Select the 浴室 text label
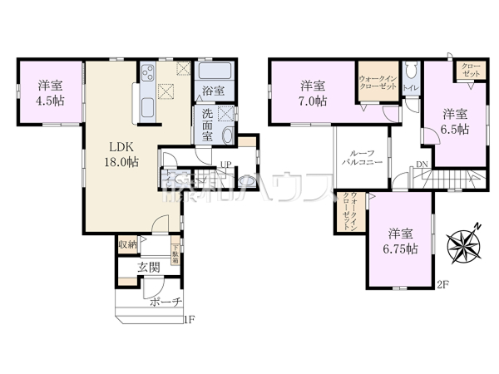pyautogui.click(x=211, y=91)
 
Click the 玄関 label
pyautogui.click(x=149, y=267)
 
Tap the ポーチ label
pyautogui.click(x=163, y=302)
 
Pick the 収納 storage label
pyautogui.click(x=126, y=244)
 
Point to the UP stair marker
pyautogui.click(x=225, y=164)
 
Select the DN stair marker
pyautogui.click(x=422, y=165)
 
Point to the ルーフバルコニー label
pyautogui.click(x=362, y=160)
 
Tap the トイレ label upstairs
pyautogui.click(x=409, y=87)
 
